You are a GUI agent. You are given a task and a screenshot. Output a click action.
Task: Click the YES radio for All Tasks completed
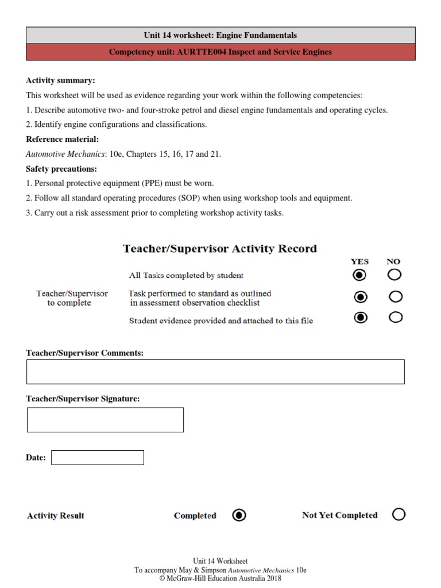pos(359,276)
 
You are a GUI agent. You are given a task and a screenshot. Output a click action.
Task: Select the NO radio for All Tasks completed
pos(394,275)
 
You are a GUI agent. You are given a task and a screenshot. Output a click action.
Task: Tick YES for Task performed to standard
pos(360,297)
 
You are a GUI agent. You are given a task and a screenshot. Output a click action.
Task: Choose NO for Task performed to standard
pos(395,297)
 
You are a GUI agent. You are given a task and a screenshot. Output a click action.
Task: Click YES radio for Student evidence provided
pos(360,318)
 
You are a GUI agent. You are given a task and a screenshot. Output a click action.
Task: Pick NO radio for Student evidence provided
pos(395,317)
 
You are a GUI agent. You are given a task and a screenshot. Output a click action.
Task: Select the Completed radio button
pos(239,515)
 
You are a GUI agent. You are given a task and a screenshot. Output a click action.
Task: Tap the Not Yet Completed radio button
pos(399,514)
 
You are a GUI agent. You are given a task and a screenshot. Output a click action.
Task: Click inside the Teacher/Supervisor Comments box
pos(215,372)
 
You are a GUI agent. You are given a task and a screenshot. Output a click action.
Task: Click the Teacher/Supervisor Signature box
pos(105,420)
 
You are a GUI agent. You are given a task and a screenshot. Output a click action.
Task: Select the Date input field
pos(98,458)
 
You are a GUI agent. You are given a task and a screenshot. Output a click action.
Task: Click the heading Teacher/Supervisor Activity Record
pos(220,249)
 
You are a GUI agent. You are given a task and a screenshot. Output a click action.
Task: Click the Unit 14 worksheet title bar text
pos(220,36)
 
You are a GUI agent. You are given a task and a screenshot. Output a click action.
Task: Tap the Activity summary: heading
pos(60,80)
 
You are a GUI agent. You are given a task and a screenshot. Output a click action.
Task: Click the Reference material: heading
pos(63,139)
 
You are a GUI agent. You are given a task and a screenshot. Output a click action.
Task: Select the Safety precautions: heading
pos(61,169)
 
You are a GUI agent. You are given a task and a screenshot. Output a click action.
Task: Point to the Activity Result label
pos(56,516)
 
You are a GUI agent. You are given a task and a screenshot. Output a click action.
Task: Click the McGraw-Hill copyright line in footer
pos(220,579)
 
